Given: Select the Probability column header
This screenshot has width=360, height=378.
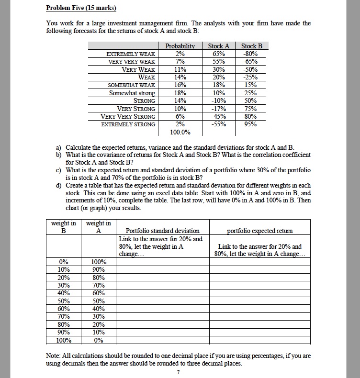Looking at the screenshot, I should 180,46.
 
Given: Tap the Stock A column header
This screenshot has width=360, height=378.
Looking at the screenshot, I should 219,46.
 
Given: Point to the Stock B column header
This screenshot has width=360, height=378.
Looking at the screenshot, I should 252,46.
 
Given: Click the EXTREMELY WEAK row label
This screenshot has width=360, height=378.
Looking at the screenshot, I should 131,54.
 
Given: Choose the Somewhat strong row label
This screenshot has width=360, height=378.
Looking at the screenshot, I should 132,93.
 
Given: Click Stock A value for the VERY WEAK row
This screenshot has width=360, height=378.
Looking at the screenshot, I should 219,69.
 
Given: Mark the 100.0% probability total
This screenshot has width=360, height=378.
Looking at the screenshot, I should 180,132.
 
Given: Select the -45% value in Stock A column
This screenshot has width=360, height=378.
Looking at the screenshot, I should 219,116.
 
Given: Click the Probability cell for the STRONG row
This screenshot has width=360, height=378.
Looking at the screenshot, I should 180,101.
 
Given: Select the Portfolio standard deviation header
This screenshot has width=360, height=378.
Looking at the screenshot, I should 163,231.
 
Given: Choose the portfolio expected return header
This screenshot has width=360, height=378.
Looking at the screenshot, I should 259,231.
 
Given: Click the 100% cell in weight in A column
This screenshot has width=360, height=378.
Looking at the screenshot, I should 99,262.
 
